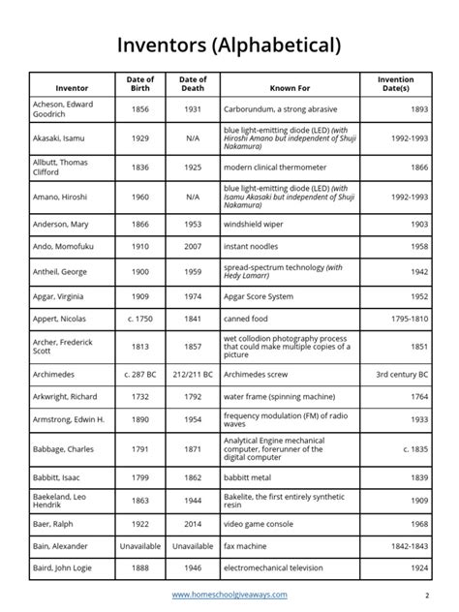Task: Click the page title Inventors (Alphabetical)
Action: pyautogui.click(x=229, y=46)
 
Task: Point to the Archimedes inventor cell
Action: pyautogui.click(x=57, y=372)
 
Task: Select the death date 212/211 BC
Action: pyautogui.click(x=193, y=372)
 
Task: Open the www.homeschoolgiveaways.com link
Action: pyautogui.click(x=229, y=595)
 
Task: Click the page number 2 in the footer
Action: pyautogui.click(x=426, y=595)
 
